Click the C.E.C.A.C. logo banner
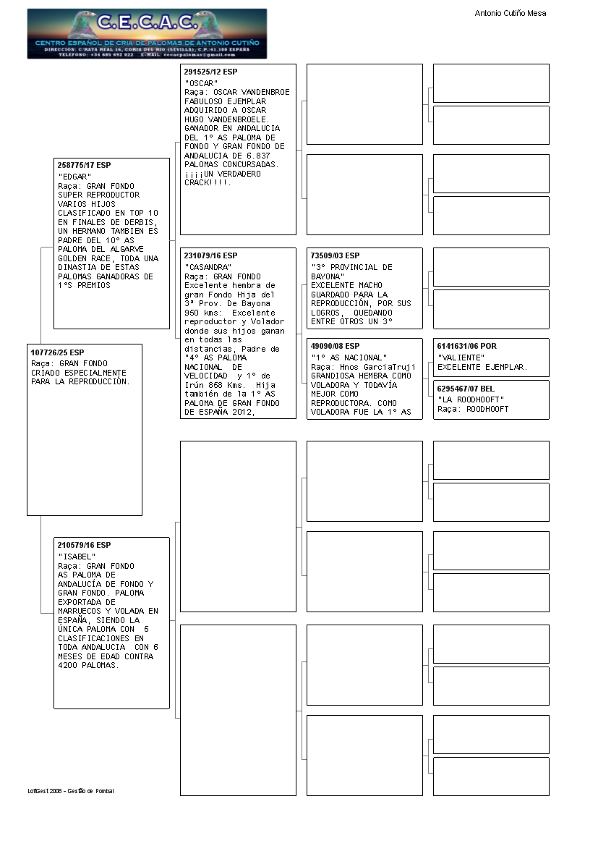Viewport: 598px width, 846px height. [x=147, y=33]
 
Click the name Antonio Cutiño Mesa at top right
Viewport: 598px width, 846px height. [x=510, y=13]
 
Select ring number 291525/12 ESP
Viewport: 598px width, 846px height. [x=210, y=72]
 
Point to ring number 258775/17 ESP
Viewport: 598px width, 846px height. [x=84, y=166]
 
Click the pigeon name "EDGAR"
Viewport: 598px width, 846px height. [x=74, y=177]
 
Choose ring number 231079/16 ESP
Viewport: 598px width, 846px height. [x=210, y=256]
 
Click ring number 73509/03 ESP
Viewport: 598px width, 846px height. [x=335, y=256]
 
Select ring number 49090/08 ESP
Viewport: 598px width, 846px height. [x=335, y=347]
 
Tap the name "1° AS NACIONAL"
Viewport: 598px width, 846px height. [x=349, y=358]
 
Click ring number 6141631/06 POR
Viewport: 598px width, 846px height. [x=467, y=347]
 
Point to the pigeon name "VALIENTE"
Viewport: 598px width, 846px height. [x=461, y=358]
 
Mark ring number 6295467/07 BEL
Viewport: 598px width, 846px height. [x=466, y=389]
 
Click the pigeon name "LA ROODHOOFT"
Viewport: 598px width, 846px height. [x=471, y=399]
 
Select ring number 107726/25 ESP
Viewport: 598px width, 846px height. [x=57, y=352]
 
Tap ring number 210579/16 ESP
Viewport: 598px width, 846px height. [x=84, y=545]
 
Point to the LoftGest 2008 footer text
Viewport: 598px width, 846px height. [x=71, y=791]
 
